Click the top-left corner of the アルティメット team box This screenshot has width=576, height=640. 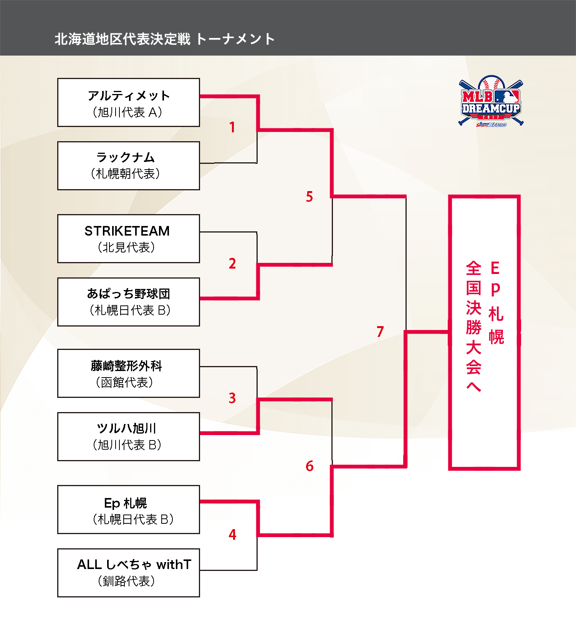(x=58, y=78)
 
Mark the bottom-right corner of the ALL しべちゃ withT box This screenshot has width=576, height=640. (x=200, y=597)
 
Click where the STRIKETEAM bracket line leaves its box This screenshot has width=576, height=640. (x=200, y=232)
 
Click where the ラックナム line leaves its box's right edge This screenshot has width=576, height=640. (x=200, y=163)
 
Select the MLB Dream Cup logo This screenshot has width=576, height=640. (x=491, y=101)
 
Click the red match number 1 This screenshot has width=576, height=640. (x=232, y=127)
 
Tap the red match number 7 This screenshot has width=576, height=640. (x=380, y=331)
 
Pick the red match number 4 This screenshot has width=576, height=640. (x=232, y=534)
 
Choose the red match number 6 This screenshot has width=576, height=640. (x=310, y=466)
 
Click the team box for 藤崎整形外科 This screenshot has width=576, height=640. (x=129, y=373)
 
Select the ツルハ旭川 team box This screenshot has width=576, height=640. (x=129, y=437)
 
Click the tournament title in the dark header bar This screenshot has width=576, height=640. (x=165, y=39)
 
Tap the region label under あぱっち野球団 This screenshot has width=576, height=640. (x=129, y=310)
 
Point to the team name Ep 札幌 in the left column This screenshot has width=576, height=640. (x=126, y=503)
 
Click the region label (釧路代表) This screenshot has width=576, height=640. (x=126, y=581)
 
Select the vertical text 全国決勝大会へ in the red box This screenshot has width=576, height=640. (x=473, y=326)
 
